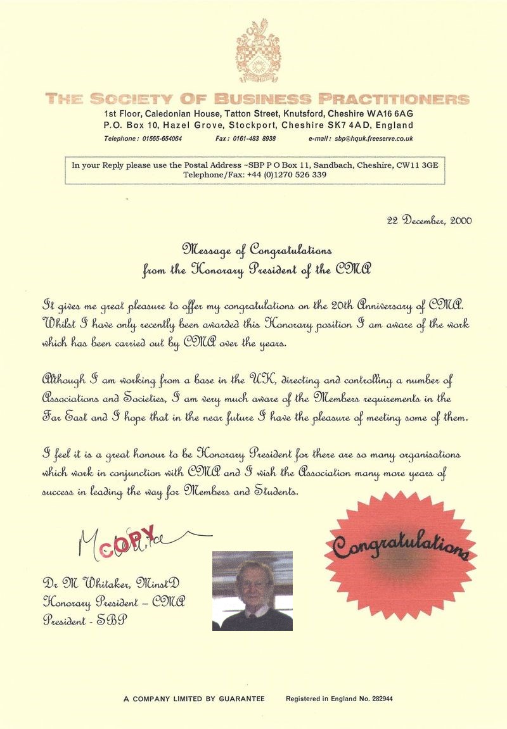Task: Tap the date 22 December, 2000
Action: tap(429, 220)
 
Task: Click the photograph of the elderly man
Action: tap(252, 590)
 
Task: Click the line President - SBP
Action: tap(84, 621)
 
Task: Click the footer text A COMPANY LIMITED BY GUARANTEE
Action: tap(194, 699)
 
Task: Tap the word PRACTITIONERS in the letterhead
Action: tap(394, 99)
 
